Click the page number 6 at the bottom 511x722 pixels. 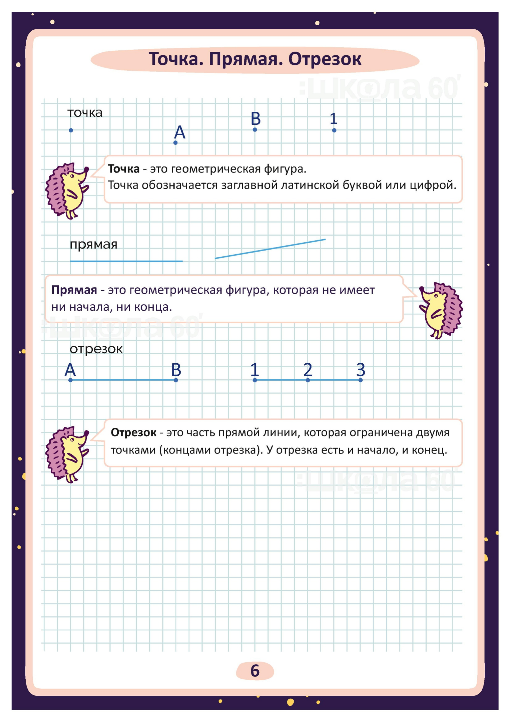[255, 670]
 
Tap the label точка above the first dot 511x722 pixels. [85, 113]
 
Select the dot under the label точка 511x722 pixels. [71, 130]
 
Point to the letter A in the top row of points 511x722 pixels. [180, 132]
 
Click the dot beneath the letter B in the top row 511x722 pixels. [255, 130]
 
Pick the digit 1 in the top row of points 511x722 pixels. [334, 119]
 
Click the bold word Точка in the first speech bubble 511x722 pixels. [124, 169]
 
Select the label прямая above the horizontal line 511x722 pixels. [93, 244]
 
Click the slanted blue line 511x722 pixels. [270, 249]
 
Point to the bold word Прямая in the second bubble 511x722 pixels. [74, 290]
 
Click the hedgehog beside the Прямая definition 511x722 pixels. [441, 310]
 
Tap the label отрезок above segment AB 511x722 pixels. [96, 349]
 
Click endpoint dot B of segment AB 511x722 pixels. [176, 380]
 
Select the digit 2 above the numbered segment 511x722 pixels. [308, 369]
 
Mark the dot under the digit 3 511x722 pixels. [361, 380]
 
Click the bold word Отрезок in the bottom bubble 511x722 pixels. [133, 433]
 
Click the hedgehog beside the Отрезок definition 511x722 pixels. [67, 455]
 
